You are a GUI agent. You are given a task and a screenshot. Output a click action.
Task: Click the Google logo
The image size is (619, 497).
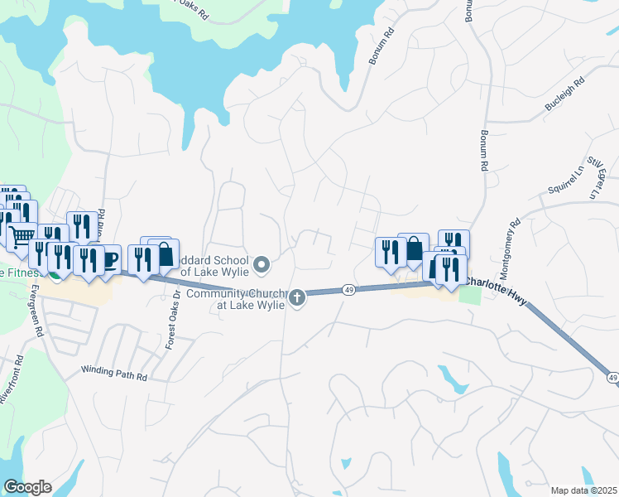pos(26,487)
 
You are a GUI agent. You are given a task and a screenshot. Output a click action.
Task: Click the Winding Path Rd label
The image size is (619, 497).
pos(114,375)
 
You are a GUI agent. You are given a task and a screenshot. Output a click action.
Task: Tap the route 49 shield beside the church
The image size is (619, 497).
pos(349,290)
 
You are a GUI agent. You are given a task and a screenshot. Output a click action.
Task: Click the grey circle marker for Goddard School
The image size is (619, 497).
pos(262,265)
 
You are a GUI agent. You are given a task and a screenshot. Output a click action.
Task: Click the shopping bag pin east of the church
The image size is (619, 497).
pos(413,248)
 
